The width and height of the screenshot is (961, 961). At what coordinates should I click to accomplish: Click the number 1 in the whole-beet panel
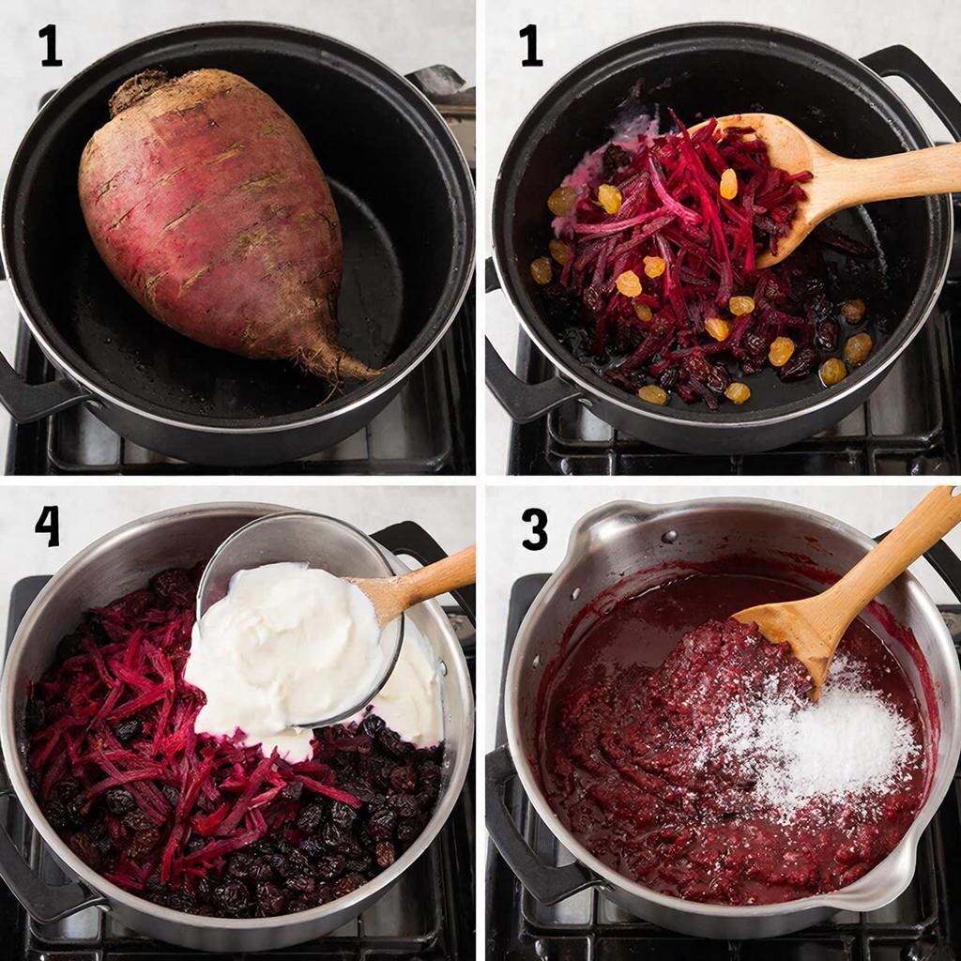51,46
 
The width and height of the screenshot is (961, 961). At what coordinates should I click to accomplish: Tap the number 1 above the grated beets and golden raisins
531,46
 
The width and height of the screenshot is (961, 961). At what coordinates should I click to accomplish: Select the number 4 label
48,526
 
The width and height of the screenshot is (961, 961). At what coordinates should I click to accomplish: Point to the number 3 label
534,529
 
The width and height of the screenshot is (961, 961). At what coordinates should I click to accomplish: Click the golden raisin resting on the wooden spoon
728,184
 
